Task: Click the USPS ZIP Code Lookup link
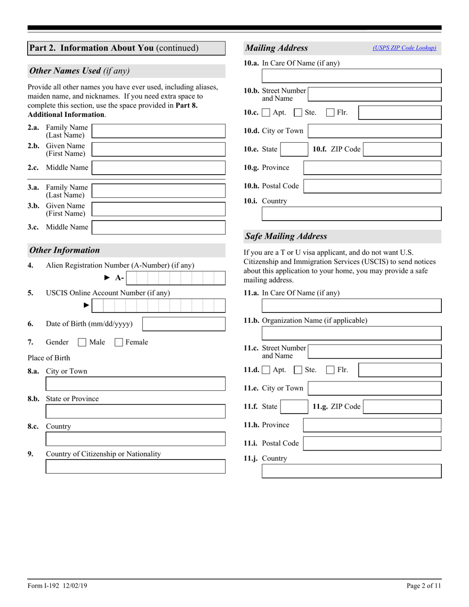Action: click(x=404, y=48)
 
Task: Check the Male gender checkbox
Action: click(x=82, y=342)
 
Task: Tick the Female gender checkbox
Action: click(x=119, y=342)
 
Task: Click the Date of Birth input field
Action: click(x=184, y=324)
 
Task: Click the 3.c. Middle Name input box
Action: click(x=158, y=228)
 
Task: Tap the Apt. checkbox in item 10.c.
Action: click(x=266, y=113)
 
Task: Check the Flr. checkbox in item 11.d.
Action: click(x=331, y=370)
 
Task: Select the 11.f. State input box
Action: click(x=294, y=407)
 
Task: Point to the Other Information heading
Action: click(x=65, y=250)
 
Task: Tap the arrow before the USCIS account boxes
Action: click(x=86, y=305)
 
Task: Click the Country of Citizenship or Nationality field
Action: click(x=135, y=467)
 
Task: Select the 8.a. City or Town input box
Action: click(x=135, y=384)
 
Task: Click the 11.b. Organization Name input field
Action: click(x=351, y=333)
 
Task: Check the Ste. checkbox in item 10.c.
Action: click(x=298, y=113)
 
